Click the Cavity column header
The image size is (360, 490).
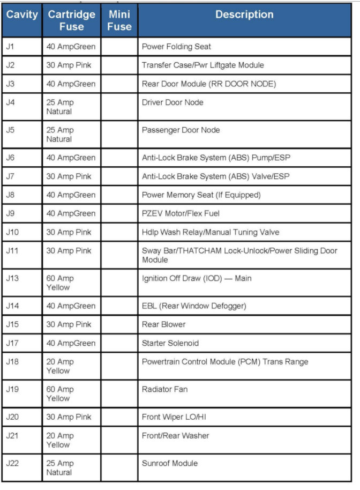click(x=22, y=14)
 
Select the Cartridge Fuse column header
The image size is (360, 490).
click(x=72, y=20)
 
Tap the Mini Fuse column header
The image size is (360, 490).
click(x=119, y=20)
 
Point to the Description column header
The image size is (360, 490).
click(x=244, y=14)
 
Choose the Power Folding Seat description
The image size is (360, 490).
click(x=176, y=47)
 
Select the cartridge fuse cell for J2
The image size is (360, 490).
click(x=70, y=65)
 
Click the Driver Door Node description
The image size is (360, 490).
click(x=172, y=102)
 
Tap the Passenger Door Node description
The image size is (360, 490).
click(x=181, y=130)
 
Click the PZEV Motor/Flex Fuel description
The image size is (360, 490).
click(x=181, y=213)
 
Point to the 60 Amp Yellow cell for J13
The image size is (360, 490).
click(x=60, y=283)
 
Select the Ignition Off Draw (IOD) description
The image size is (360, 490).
click(x=196, y=278)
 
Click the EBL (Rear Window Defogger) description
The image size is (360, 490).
click(x=194, y=306)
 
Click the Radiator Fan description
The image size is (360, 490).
click(x=164, y=389)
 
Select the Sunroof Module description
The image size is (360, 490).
click(x=169, y=463)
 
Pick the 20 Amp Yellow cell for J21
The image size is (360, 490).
click(x=60, y=440)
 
